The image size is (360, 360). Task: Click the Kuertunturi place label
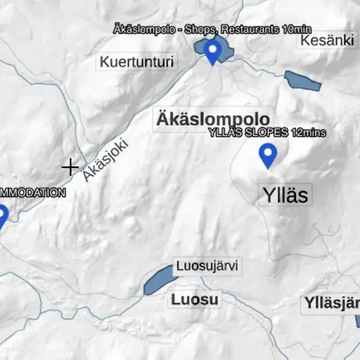[136, 62]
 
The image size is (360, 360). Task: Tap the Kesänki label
[327, 40]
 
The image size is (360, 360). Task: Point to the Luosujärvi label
[208, 266]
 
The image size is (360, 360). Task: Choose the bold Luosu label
[194, 299]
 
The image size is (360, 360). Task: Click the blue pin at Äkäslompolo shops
[212, 51]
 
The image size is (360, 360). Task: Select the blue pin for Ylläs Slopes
[267, 154]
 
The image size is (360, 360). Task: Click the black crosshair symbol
[70, 167]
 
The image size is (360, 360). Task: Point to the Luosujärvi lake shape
[159, 280]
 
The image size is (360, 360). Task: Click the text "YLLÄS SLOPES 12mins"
[266, 132]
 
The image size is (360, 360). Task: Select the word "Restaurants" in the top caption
[250, 30]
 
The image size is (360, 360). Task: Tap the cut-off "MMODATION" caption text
[32, 193]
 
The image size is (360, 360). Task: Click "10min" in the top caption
[297, 30]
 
